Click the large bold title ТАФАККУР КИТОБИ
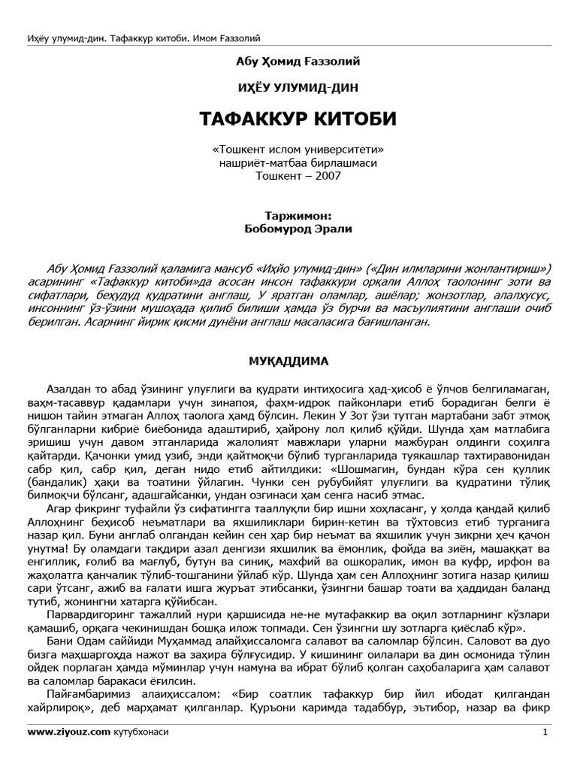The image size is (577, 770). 288,120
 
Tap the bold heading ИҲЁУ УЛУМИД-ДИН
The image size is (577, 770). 288,88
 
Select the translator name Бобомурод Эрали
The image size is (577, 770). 288,228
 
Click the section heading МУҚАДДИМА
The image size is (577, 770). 288,361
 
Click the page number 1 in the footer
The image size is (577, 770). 545,732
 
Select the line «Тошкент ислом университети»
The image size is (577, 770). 288,150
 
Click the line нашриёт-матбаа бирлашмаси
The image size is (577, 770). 288,162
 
